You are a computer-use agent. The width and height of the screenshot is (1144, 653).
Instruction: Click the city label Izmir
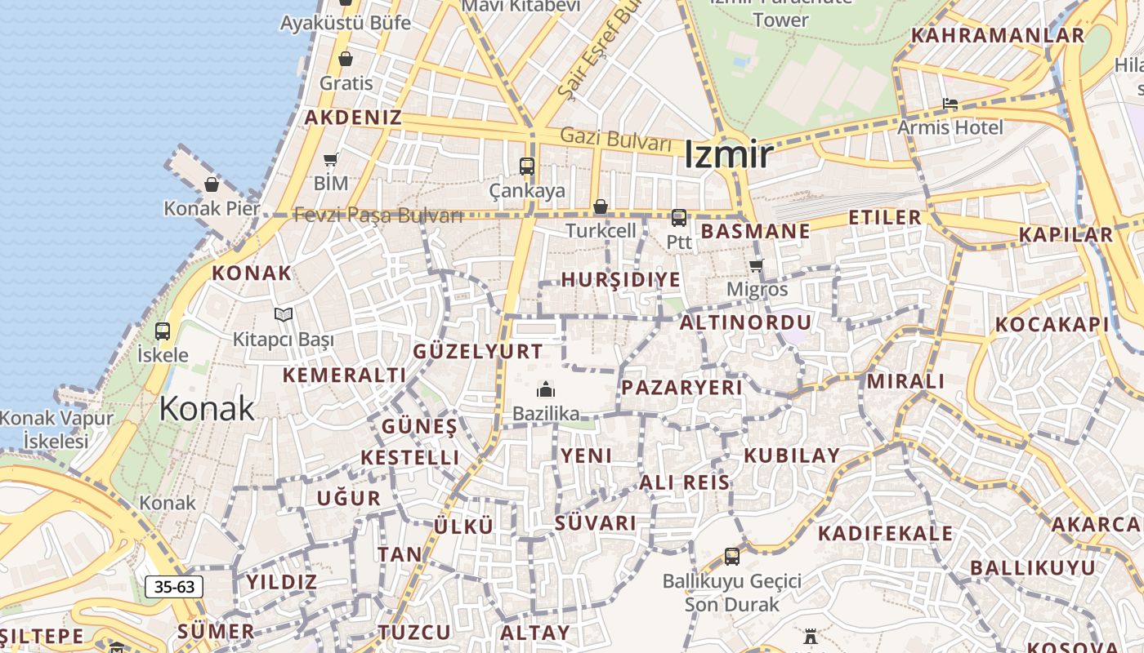pos(727,154)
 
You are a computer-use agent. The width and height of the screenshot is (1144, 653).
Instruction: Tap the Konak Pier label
pos(212,208)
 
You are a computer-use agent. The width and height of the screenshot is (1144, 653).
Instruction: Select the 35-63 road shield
pos(174,586)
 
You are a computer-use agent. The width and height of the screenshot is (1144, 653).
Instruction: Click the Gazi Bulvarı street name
pos(616,140)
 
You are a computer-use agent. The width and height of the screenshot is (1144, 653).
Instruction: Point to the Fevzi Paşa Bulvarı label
pos(378,215)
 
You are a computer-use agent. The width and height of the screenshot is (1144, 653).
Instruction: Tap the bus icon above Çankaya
pos(527,167)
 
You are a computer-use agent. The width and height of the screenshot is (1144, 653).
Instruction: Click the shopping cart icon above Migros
pos(757,265)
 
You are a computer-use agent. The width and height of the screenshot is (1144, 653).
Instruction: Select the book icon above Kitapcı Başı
pos(284,314)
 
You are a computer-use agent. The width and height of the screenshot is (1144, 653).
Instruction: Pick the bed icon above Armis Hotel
pos(950,104)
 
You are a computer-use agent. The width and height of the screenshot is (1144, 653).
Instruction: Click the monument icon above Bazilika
pos(546,389)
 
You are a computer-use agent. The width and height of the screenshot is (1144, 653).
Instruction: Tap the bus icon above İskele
pos(163,331)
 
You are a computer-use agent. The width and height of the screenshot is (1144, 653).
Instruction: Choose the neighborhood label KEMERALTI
pos(344,375)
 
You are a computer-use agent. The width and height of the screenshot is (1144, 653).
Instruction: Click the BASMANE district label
pos(756,231)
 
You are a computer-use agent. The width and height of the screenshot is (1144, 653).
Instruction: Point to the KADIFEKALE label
pos(885,534)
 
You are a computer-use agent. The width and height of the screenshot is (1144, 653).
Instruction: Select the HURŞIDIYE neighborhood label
pos(620,280)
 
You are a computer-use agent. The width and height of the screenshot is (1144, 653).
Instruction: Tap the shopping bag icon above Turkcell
pos(601,207)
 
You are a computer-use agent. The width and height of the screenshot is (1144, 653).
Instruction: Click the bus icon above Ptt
pos(679,218)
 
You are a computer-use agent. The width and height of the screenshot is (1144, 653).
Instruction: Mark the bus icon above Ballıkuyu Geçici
pos(732,557)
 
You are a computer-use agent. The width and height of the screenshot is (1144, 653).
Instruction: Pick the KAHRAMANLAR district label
pos(998,36)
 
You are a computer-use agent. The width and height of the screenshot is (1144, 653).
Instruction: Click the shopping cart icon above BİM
pos(331,159)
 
